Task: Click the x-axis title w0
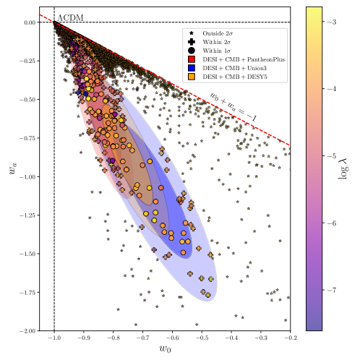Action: (172, 350)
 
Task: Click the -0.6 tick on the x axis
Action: (173, 338)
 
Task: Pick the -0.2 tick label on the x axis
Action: (290, 338)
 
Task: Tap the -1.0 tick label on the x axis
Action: (54, 338)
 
